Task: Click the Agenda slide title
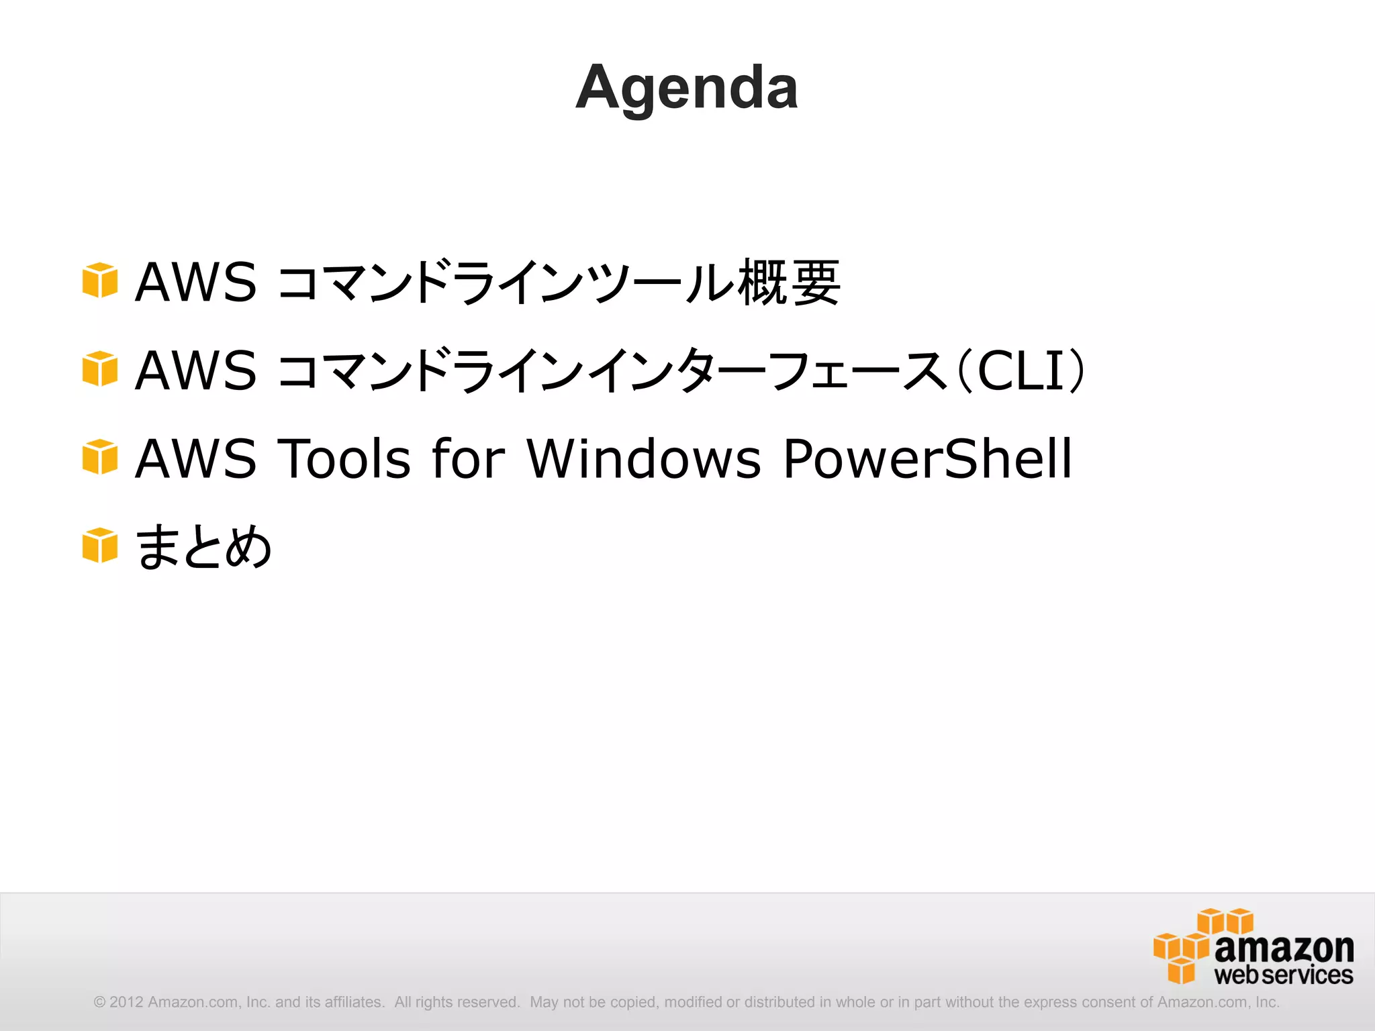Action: coord(687,87)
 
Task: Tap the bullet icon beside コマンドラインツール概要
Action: coord(99,280)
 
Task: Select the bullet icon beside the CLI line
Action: coord(99,369)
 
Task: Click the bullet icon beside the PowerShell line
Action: coord(99,457)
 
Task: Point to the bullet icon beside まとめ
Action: coord(99,545)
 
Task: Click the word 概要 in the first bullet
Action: coord(789,282)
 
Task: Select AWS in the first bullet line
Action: coord(195,282)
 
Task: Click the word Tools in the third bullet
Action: coord(344,458)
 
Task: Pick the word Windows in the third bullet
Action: coord(644,458)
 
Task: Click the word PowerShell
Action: coord(927,458)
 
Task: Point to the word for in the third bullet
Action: coord(468,458)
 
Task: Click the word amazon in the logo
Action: coord(1284,948)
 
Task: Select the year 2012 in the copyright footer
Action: coord(126,1002)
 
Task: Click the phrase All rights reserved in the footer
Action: coord(457,1002)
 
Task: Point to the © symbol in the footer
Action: coord(99,1002)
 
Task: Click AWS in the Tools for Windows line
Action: coord(195,458)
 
